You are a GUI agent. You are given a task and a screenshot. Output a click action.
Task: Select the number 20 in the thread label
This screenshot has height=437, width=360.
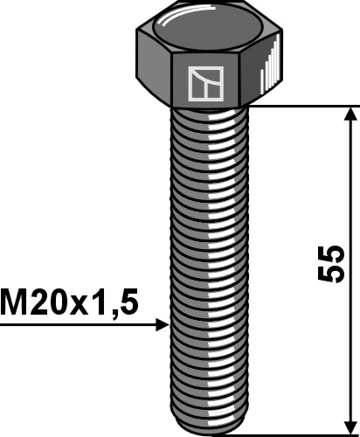pyautogui.click(x=52, y=302)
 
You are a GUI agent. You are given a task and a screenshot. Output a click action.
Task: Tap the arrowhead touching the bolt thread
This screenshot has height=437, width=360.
pyautogui.click(x=162, y=325)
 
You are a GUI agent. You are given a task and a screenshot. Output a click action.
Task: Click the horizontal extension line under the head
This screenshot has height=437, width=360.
pyautogui.click(x=306, y=107)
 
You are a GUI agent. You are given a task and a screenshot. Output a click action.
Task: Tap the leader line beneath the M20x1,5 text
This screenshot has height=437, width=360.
pyautogui.click(x=79, y=325)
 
